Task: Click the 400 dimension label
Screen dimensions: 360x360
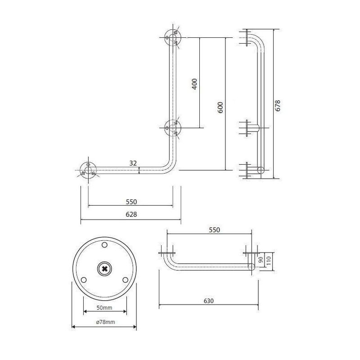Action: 194,84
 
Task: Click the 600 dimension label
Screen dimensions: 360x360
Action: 220,108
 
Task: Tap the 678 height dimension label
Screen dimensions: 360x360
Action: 278,106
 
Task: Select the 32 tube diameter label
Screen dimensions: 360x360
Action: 133,163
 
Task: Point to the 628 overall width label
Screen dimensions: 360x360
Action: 131,214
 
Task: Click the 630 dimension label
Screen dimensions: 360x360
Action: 209,301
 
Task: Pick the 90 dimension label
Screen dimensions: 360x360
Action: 261,260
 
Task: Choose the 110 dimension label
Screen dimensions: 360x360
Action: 269,261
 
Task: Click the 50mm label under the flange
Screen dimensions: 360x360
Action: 104,308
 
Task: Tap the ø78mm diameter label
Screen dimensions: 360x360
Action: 105,322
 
